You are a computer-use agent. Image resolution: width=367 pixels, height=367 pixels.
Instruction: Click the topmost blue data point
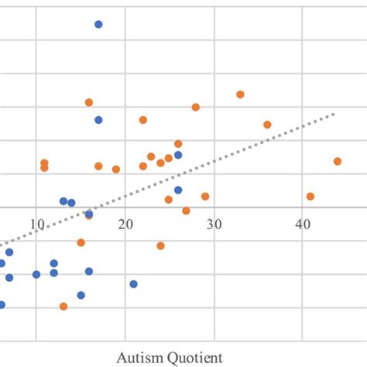point(98,24)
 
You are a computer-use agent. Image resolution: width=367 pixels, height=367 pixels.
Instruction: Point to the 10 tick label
point(36,225)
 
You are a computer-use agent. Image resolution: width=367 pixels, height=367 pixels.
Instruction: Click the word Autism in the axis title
point(136,357)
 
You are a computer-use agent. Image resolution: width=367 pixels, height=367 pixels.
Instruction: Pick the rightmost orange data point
point(338,161)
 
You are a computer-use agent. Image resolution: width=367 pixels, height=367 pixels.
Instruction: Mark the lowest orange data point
point(63,306)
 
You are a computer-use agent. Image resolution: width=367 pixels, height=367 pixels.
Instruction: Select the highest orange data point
point(240,94)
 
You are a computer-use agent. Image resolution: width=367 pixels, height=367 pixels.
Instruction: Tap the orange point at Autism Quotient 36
point(267,125)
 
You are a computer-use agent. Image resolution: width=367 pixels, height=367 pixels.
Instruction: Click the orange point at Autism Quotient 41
point(310,196)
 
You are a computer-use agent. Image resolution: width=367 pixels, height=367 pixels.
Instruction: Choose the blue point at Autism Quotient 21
point(133,284)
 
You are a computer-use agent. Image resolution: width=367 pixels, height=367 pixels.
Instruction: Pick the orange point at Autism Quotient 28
point(196,107)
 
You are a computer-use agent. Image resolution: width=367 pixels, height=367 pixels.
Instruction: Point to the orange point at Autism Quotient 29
point(205,196)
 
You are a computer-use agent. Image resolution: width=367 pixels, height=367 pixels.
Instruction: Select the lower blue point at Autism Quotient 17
point(98,120)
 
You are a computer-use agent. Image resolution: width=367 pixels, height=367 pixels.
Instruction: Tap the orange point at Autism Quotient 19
point(116,169)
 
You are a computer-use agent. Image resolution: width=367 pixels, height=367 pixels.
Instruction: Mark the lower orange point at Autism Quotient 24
point(161,245)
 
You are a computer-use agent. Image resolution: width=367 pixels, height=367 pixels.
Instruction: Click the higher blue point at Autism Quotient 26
point(178,155)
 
